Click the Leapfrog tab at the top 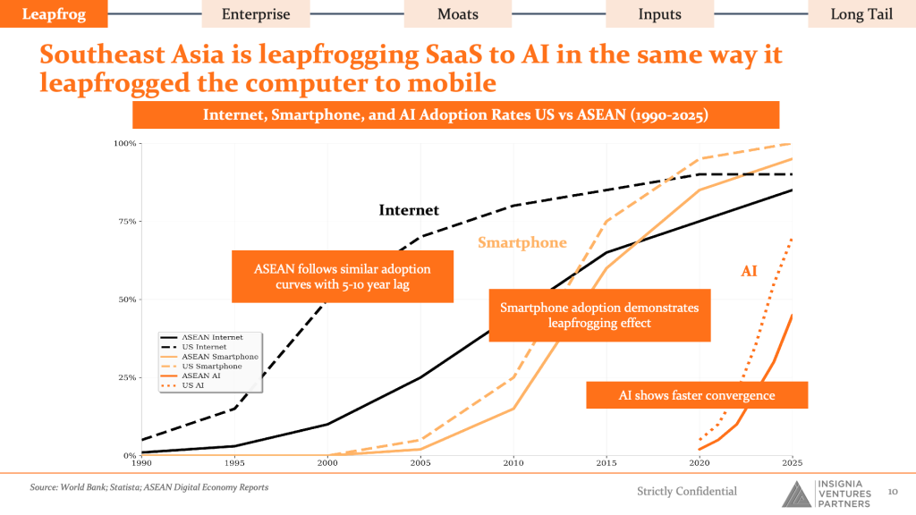(x=54, y=13)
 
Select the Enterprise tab (x=256, y=14)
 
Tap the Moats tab (x=458, y=14)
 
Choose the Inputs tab (x=659, y=14)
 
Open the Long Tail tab (x=861, y=14)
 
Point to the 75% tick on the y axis (x=124, y=222)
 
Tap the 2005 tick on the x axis (x=420, y=463)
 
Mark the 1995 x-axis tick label (x=234, y=463)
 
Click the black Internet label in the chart (x=408, y=210)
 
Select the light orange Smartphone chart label (x=522, y=242)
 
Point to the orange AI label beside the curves (x=749, y=271)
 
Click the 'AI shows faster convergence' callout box (x=697, y=395)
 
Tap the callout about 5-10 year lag (x=343, y=277)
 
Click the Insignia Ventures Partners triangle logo (x=797, y=494)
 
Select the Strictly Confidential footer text (x=687, y=491)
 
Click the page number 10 (x=893, y=492)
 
